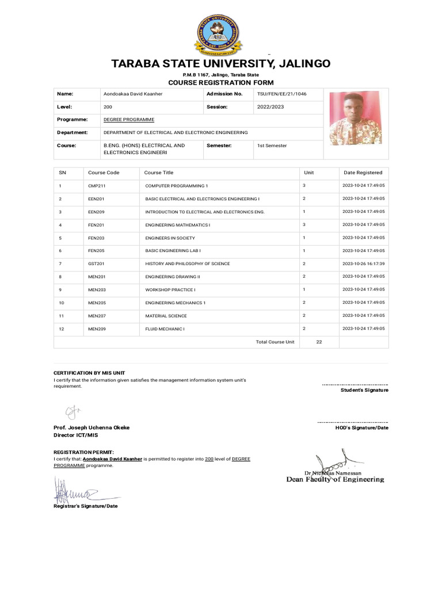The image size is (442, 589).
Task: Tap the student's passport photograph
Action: coord(355,118)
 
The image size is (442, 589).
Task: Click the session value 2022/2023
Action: coord(270,107)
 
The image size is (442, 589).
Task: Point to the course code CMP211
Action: coord(97,186)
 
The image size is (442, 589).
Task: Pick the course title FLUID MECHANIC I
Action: coord(165,328)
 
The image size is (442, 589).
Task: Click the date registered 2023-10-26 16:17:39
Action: coord(363,263)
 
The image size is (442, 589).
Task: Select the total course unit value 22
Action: coord(319,342)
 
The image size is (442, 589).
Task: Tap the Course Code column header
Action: coord(104,173)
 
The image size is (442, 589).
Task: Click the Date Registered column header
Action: coord(363,173)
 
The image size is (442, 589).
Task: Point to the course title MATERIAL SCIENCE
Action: coord(166,316)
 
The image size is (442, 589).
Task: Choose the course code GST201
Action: coord(97,263)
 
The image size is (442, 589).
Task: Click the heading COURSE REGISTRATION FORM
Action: coord(221,83)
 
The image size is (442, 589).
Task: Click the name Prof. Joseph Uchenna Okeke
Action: coord(92,427)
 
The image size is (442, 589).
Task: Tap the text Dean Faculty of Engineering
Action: coord(335,479)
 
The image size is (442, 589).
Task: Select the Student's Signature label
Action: coord(364,390)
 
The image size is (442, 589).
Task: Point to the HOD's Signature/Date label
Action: coord(361,427)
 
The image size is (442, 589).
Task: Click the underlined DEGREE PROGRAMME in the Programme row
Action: coord(129,119)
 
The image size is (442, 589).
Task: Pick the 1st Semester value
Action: coord(272,146)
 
